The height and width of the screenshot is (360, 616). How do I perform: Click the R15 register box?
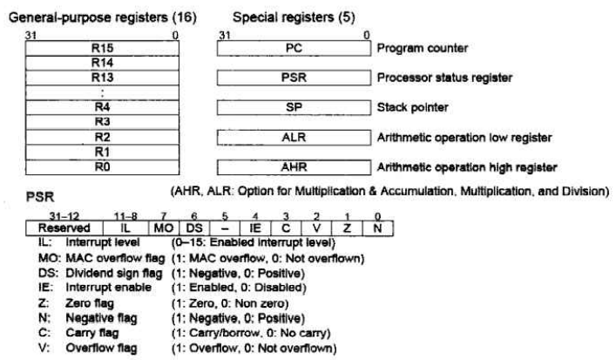tap(102, 48)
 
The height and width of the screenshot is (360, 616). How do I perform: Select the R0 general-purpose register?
tap(102, 167)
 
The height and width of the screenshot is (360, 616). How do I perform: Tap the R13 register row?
tap(102, 78)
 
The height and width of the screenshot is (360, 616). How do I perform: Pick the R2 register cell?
tap(102, 137)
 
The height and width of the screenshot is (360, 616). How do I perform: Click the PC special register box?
tap(294, 48)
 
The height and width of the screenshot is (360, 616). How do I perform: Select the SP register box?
tap(294, 107)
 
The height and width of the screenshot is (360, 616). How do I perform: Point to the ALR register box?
tap(294, 138)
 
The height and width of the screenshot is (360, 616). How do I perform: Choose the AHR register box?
tap(294, 167)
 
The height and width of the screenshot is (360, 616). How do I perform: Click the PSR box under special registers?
tap(294, 78)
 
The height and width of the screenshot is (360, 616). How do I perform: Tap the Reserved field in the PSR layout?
tap(64, 228)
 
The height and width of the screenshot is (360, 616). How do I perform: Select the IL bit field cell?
tap(125, 228)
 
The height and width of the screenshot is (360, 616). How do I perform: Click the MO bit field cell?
tap(164, 228)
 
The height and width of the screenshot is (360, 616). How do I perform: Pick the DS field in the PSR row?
tap(194, 228)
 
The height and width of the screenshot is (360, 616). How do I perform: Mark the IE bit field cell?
tap(255, 228)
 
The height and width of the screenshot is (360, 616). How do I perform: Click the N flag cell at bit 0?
tap(377, 228)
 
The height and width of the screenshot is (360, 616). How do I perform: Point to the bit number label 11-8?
tap(125, 216)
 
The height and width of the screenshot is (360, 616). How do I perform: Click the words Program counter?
tap(423, 48)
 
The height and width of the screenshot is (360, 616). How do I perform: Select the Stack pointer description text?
tap(412, 107)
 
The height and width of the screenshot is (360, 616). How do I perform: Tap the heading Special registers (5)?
tap(294, 17)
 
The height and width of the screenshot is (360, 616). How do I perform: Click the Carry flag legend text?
tap(92, 333)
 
